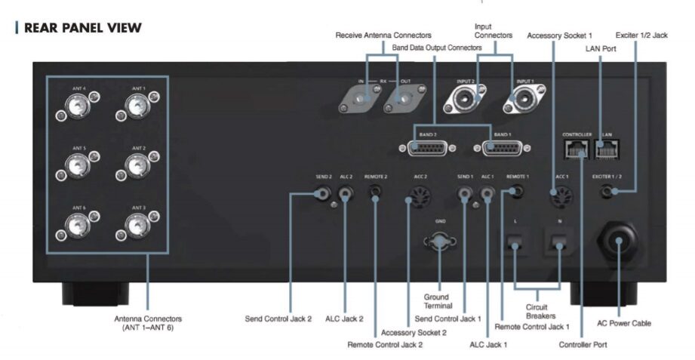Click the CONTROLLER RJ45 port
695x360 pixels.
576,149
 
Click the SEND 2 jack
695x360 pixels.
322,193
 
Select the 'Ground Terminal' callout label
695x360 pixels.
438,301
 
